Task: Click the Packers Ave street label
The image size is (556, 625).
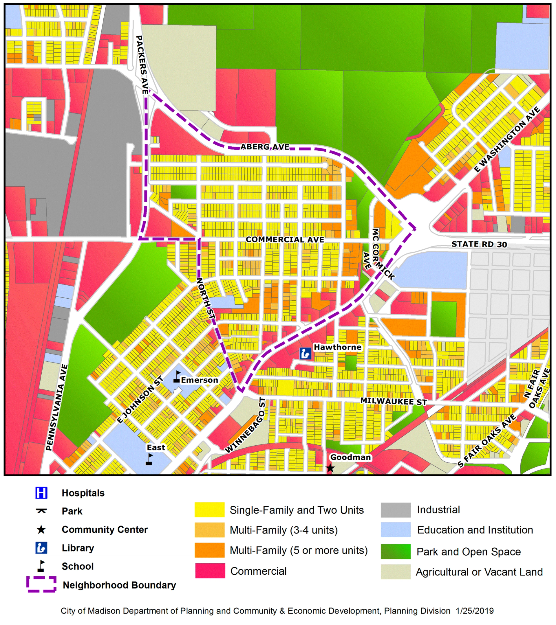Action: pos(142,65)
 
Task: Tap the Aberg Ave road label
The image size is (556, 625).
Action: pos(265,147)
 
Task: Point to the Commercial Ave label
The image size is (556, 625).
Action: pos(285,240)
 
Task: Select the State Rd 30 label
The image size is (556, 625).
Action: pos(479,244)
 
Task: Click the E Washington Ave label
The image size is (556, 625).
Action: pos(507,140)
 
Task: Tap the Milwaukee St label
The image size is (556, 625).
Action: pos(394,401)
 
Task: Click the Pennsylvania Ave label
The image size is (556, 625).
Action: pos(56,408)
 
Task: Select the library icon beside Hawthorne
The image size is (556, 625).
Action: pos(306,354)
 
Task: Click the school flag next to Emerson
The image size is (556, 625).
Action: pos(177,377)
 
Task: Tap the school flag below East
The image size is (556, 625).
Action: pos(149,459)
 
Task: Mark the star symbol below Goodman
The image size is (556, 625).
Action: pos(330,468)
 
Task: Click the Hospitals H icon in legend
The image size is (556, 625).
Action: pos(41,493)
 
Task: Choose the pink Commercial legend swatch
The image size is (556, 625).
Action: pos(210,571)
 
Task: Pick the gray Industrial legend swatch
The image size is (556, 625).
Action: pos(395,510)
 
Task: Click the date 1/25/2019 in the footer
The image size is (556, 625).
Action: pos(475,611)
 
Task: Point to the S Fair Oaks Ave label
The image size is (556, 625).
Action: pos(487,441)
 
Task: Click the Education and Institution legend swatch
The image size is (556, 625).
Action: pos(395,530)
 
